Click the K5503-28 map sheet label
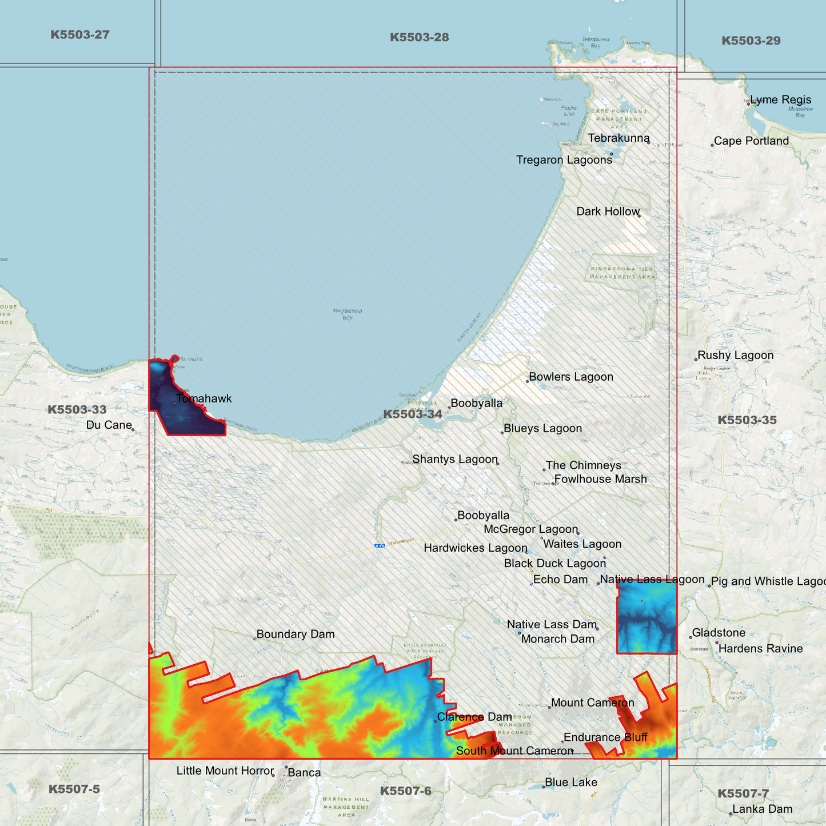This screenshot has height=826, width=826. (419, 38)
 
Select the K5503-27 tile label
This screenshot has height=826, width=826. (80, 35)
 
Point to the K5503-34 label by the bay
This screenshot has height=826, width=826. (412, 414)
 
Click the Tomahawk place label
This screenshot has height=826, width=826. (203, 398)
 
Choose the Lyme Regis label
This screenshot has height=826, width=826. (780, 100)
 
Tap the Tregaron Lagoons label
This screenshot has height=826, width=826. (564, 160)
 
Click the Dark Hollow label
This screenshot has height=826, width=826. (608, 212)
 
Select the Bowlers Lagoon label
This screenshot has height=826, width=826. (570, 377)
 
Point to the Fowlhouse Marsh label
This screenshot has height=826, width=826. (600, 479)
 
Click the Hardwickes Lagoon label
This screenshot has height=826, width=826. (475, 548)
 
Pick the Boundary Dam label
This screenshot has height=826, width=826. (295, 634)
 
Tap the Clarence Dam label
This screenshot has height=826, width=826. (474, 717)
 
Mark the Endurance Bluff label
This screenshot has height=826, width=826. (605, 737)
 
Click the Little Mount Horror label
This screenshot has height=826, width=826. (225, 771)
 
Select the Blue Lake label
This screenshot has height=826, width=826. (570, 782)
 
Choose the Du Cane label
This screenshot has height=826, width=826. (109, 425)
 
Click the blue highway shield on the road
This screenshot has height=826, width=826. (380, 546)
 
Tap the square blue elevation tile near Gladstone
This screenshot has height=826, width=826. (647, 617)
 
